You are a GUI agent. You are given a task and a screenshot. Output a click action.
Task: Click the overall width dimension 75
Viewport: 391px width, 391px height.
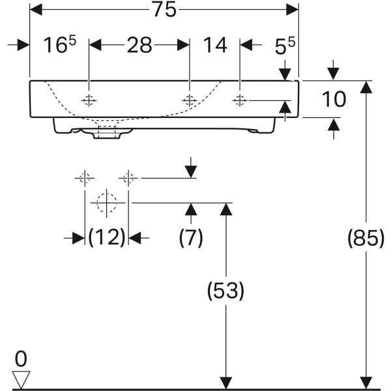tap(164, 10)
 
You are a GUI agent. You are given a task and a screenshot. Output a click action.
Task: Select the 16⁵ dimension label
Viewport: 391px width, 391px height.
tap(60, 44)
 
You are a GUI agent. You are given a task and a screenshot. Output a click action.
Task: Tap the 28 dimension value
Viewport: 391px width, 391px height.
tap(139, 45)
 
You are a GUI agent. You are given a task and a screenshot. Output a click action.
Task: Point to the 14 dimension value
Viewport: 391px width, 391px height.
tap(215, 45)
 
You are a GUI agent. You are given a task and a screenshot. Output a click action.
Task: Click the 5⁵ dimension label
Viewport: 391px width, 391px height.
tap(285, 46)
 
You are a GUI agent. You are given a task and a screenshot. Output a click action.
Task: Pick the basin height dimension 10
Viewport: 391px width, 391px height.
tap(334, 99)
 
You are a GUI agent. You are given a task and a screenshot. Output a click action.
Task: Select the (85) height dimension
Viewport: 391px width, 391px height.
tap(366, 238)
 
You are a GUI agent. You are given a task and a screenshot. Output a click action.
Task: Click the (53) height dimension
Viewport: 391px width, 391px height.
tap(225, 291)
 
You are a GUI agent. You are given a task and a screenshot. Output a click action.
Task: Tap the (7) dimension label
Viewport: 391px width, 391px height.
tap(191, 237)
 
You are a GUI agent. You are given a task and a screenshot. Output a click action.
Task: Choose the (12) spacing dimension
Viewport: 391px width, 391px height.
tap(107, 237)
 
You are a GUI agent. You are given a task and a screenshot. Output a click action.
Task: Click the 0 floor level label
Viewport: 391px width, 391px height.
tap(21, 358)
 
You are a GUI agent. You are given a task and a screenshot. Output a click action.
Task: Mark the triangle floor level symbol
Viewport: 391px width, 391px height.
tap(21, 379)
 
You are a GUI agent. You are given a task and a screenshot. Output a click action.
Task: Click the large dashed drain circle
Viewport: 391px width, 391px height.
tap(107, 203)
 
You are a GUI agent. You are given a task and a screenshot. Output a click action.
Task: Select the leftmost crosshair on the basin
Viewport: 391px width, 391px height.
tap(89, 100)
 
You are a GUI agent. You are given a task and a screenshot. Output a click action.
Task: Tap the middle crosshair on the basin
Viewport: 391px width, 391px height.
tap(190, 100)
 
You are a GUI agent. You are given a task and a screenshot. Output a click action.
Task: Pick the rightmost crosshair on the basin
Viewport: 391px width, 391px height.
tap(240, 100)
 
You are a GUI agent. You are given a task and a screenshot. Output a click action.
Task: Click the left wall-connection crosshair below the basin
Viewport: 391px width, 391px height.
tap(85, 179)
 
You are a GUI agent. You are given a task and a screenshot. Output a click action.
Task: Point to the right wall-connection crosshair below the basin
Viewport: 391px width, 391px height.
tap(128, 179)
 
